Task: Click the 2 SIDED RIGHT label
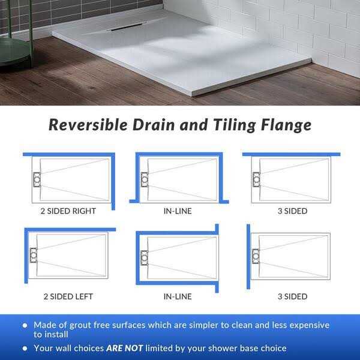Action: pos(68,211)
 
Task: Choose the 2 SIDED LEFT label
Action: pos(68,296)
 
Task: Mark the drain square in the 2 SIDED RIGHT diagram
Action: pos(37,179)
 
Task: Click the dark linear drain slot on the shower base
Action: pos(127,26)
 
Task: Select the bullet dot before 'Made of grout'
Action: pos(25,325)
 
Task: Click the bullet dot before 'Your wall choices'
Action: pos(25,349)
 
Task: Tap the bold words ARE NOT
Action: pos(124,349)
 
